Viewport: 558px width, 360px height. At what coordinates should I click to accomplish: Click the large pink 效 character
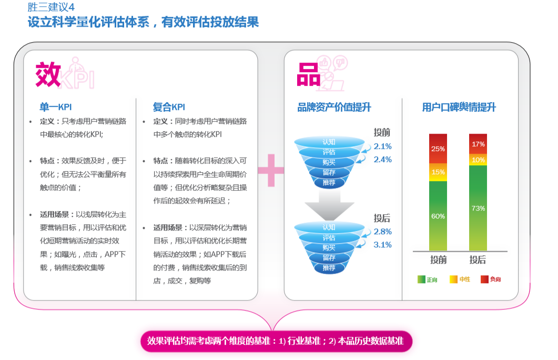click(x=48, y=75)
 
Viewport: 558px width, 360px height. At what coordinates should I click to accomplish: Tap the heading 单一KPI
click(x=56, y=107)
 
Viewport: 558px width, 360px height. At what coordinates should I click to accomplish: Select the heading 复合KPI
click(x=169, y=107)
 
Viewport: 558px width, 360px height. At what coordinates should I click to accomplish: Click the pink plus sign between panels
click(x=271, y=169)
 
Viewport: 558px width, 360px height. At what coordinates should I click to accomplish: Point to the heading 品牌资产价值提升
click(x=334, y=107)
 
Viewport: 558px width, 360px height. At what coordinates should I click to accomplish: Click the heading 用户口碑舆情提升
click(x=459, y=107)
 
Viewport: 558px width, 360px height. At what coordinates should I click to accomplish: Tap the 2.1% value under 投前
click(x=382, y=146)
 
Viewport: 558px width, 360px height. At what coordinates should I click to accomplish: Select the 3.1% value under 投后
click(x=382, y=245)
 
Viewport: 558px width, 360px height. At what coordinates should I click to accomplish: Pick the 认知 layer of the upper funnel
click(x=329, y=142)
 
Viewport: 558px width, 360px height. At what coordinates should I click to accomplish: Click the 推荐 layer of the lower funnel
click(x=329, y=268)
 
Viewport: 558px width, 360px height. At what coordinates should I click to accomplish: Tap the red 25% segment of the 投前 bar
click(x=438, y=148)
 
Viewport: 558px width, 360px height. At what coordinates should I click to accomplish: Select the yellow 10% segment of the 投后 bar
click(x=478, y=159)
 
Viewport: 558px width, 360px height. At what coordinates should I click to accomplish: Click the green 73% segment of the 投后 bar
click(x=478, y=208)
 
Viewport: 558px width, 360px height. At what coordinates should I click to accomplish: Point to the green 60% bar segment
click(x=438, y=216)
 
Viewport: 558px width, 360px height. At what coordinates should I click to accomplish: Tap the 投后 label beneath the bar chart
click(x=478, y=260)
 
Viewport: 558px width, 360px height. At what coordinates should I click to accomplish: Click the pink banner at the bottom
click(x=276, y=341)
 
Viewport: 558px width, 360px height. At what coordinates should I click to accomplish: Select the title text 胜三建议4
click(x=50, y=7)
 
